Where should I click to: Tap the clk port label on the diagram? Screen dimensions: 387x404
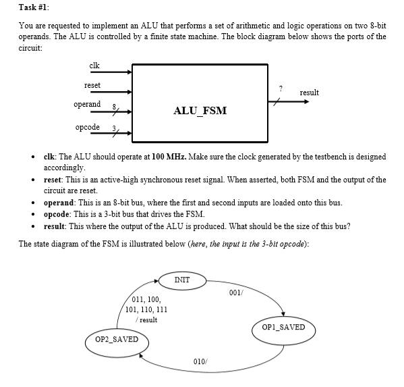[x=94, y=65]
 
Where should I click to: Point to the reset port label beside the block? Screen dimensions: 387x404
[x=92, y=85]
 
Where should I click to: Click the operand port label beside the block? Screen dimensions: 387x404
[x=87, y=105]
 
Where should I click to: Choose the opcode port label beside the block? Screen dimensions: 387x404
[x=88, y=127]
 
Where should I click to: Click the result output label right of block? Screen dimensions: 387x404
[x=309, y=93]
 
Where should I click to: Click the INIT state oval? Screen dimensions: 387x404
[x=181, y=280]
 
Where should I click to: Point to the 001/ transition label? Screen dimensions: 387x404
[x=235, y=293]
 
